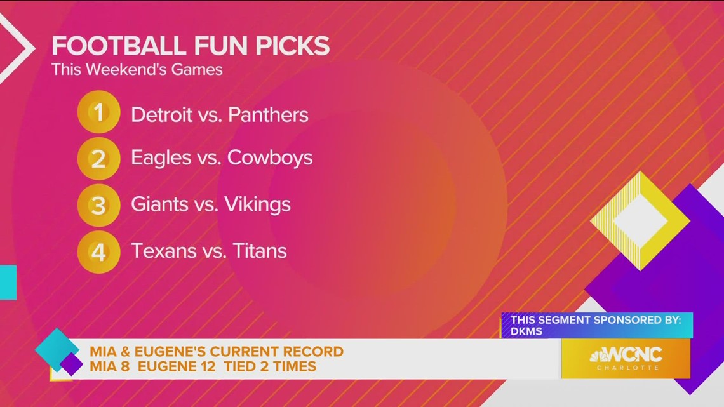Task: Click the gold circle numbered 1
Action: point(98,112)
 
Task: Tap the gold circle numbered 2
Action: point(98,158)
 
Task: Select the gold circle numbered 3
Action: point(98,204)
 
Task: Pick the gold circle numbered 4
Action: point(98,251)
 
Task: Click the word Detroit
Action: point(161,115)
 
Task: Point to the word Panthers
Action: point(268,115)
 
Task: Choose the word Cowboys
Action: point(270,158)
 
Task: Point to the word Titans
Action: point(259,251)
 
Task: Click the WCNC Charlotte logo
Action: point(626,358)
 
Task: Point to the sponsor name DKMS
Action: point(526,331)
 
